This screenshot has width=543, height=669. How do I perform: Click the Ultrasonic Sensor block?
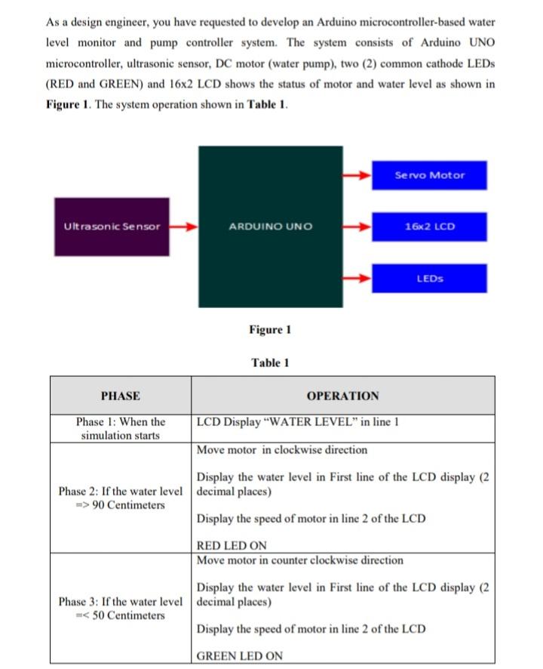(x=112, y=227)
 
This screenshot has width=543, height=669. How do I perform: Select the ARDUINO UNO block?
(x=270, y=227)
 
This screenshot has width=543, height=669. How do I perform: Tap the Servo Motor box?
(x=429, y=175)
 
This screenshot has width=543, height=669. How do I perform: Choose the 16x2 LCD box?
(x=429, y=227)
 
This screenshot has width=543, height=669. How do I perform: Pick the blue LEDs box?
(x=429, y=279)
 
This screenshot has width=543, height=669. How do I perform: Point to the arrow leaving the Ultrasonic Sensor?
(x=183, y=226)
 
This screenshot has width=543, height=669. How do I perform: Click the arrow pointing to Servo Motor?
(x=357, y=175)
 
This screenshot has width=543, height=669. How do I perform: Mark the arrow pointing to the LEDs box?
(x=357, y=279)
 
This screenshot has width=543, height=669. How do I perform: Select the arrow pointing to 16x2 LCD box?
(x=357, y=227)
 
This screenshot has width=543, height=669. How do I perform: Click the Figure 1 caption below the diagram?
(x=269, y=329)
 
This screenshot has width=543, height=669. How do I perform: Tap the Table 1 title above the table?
(x=270, y=363)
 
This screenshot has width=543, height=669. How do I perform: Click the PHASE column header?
(x=120, y=396)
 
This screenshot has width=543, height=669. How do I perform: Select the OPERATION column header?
(x=342, y=396)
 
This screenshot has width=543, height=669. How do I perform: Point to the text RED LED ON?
(x=232, y=545)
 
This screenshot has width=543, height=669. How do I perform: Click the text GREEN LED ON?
(x=239, y=655)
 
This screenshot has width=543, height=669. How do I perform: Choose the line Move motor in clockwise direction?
(x=282, y=450)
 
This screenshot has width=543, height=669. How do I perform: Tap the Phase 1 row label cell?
(x=120, y=428)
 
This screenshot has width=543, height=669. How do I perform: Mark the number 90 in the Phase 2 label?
(x=98, y=504)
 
